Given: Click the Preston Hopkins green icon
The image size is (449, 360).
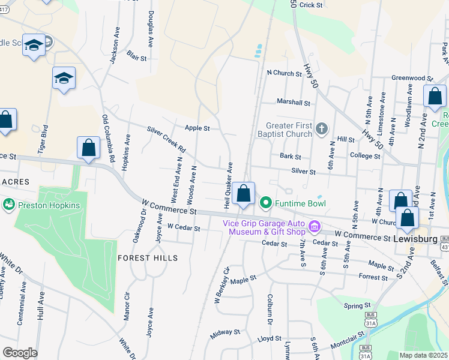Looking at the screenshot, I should [x=9, y=204].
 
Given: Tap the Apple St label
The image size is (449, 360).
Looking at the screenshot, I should [x=197, y=128].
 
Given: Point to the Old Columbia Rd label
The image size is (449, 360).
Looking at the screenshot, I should [x=109, y=139].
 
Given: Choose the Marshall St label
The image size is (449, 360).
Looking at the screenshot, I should [x=292, y=103].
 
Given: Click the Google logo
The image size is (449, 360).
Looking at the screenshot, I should [x=19, y=352].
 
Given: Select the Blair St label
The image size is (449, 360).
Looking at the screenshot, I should [x=137, y=58].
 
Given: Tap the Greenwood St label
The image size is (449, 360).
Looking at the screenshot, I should [x=412, y=78].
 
